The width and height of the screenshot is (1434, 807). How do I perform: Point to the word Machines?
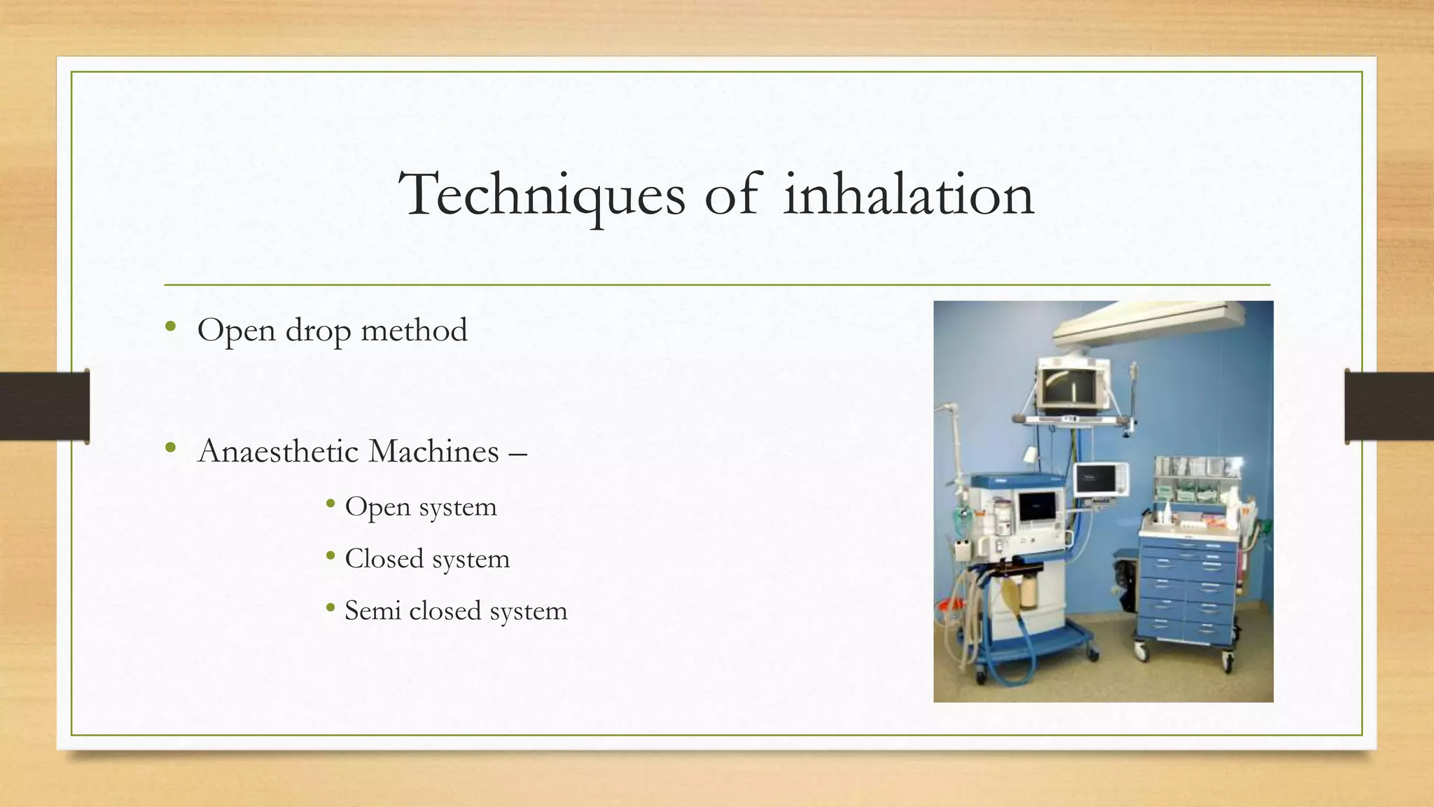(x=433, y=451)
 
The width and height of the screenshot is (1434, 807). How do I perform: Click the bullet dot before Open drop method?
(x=170, y=326)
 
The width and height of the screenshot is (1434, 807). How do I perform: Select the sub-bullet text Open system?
(x=420, y=507)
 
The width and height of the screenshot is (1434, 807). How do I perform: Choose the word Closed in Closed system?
(x=384, y=559)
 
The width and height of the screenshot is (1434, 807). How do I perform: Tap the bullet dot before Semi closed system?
(x=330, y=607)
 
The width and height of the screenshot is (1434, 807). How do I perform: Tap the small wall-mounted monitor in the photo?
(x=1101, y=479)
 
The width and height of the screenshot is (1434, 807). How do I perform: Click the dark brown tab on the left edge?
(x=44, y=406)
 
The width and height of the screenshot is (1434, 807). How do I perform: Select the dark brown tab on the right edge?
(x=1389, y=406)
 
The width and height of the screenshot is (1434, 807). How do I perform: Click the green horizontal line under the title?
(x=717, y=285)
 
